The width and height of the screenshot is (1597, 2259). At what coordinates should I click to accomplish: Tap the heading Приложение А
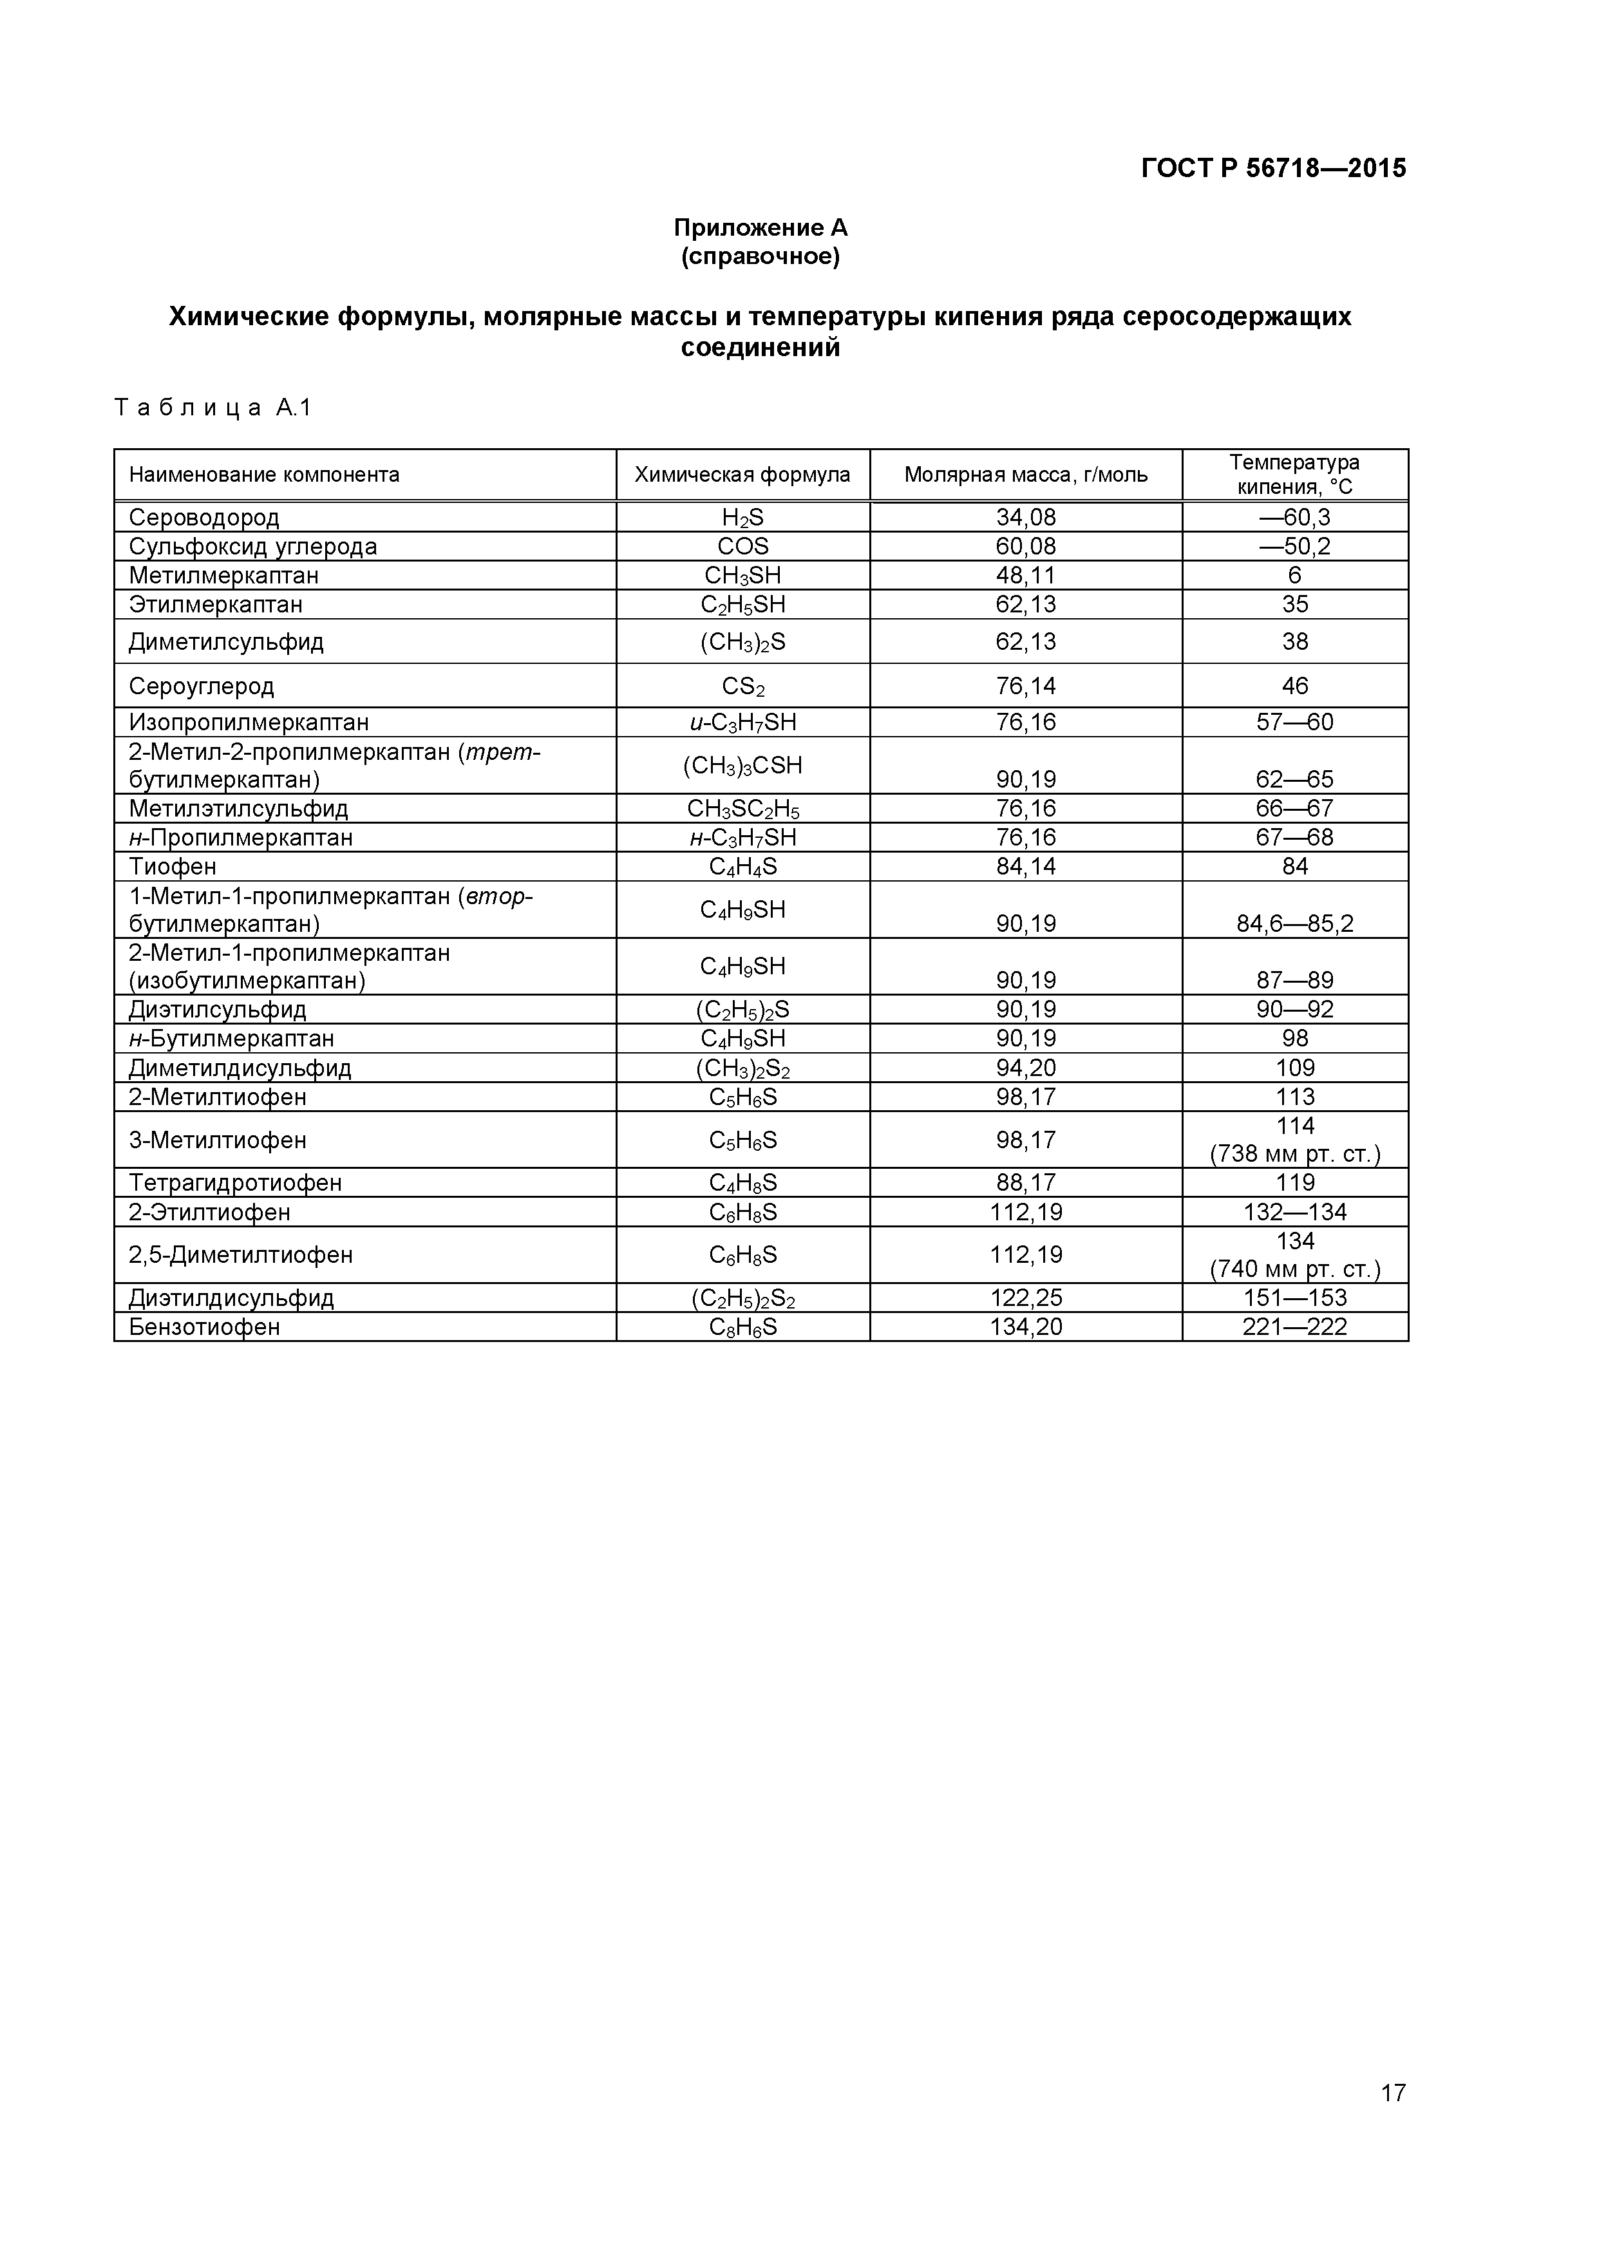tap(760, 228)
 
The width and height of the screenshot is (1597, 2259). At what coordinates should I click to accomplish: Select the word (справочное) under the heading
tap(760, 257)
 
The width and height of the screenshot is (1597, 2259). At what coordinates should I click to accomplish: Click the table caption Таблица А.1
tap(213, 408)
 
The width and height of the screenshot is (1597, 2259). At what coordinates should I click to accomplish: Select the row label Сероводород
tap(203, 518)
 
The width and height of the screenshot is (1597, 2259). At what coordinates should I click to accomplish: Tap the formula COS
tap(743, 546)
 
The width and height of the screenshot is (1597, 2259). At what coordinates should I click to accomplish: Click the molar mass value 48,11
tap(1025, 576)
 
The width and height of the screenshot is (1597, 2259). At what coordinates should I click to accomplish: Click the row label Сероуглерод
tap(201, 686)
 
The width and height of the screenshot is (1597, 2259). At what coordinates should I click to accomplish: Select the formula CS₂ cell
tap(743, 686)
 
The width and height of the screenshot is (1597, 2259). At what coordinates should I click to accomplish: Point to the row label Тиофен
tap(172, 867)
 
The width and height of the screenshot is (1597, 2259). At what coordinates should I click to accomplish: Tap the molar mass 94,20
tap(1025, 1068)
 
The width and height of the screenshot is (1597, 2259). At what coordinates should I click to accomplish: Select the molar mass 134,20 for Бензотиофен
tap(1025, 1327)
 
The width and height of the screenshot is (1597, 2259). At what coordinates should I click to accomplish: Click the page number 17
tap(1392, 2121)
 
